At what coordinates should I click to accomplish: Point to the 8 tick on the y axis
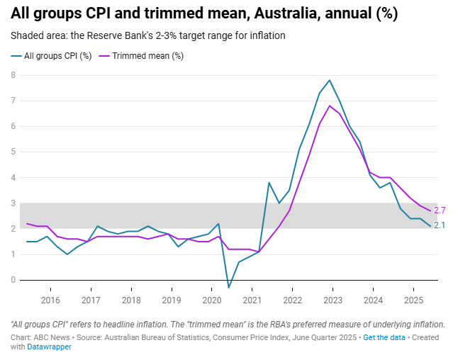tap(13, 75)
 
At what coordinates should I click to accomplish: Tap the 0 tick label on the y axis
tap(13, 280)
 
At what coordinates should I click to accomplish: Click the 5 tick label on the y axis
tap(13, 152)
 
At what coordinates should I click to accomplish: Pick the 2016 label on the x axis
tap(50, 300)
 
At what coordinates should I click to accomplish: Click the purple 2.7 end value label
tap(440, 210)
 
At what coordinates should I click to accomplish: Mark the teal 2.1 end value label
tap(440, 225)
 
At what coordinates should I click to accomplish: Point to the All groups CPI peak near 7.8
tap(330, 80)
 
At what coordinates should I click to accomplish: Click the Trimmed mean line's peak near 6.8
tap(330, 106)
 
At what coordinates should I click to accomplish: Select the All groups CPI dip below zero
tap(229, 287)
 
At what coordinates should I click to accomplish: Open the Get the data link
tap(384, 337)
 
